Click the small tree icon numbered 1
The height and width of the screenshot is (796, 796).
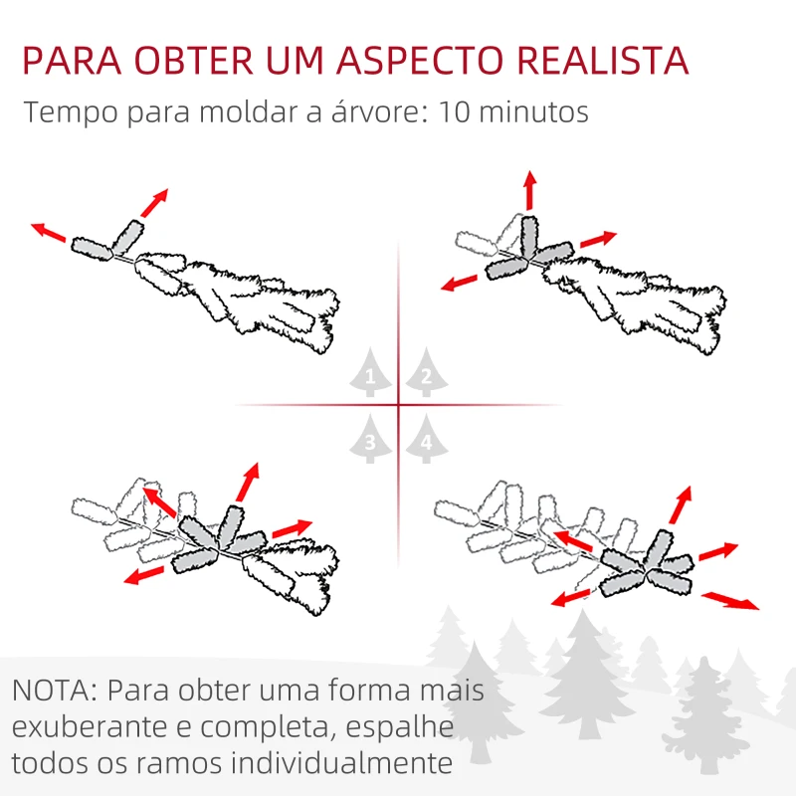pos(370,375)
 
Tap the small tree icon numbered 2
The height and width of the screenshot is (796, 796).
pos(426,375)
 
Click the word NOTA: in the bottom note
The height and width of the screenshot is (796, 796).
pos(56,691)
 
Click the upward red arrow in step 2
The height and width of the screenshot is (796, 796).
pos(530,189)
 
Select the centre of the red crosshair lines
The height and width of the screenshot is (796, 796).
pos(398,405)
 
